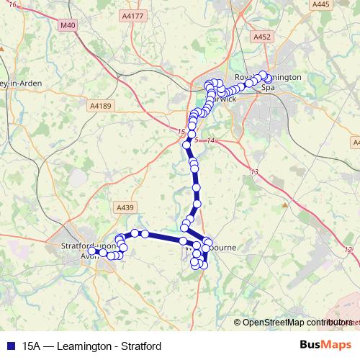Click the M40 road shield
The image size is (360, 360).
click(68, 26)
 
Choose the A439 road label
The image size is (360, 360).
click(125, 207)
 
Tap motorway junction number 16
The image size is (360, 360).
click(13, 5)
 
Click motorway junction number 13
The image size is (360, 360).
click(255, 171)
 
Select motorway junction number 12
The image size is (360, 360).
click(349, 249)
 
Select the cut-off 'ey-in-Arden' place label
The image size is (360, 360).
click(21, 84)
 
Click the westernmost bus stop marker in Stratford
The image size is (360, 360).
click(92, 252)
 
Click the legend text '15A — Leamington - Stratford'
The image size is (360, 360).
click(91, 346)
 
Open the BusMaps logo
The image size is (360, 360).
click(325, 345)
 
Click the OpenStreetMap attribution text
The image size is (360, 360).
click(288, 323)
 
